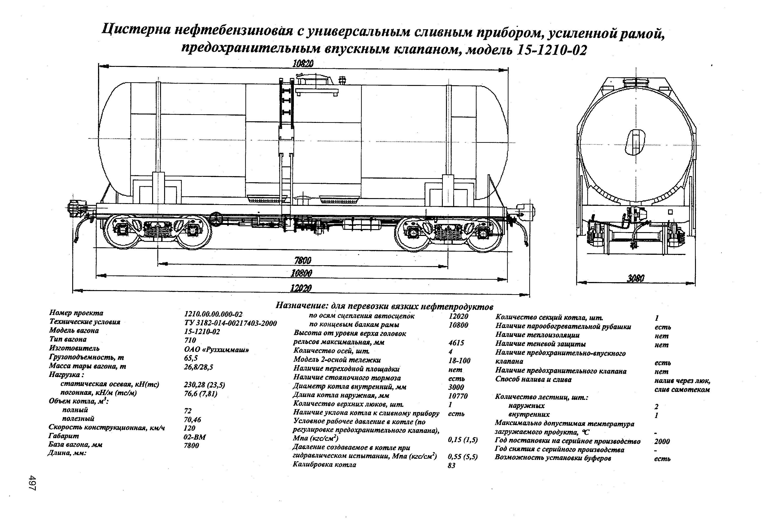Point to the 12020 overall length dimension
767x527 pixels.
coord(301,288)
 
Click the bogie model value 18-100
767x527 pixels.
coord(459,360)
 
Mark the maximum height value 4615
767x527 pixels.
coord(456,343)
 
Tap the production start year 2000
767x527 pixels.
coord(662,441)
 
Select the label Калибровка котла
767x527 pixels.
coord(324,464)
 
